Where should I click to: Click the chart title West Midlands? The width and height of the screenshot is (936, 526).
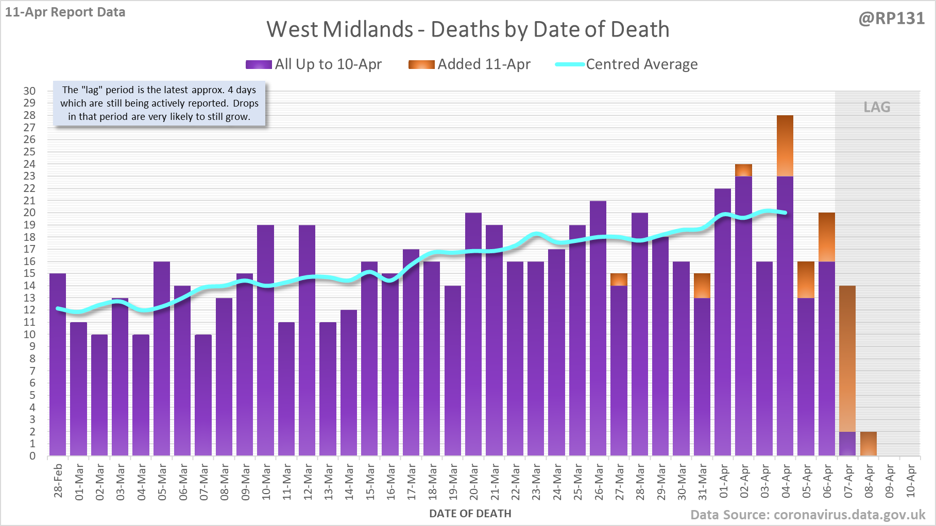tap(468, 29)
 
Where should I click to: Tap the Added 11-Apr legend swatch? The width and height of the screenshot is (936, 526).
tap(421, 64)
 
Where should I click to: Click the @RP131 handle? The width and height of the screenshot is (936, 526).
tap(891, 19)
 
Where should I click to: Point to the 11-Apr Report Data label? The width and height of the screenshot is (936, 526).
tap(65, 12)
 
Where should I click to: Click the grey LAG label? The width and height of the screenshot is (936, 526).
tap(877, 107)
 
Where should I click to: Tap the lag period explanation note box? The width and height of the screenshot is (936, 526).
tap(159, 103)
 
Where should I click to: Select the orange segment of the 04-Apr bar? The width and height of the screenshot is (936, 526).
tap(785, 146)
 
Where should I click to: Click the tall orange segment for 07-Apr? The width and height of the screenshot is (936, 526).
tap(847, 358)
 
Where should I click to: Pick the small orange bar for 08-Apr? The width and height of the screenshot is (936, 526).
tap(868, 444)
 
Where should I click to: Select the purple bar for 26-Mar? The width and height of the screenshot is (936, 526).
tap(598, 329)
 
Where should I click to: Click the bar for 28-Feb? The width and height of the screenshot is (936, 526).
tap(58, 365)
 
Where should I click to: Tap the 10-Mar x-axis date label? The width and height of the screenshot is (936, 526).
tap(266, 482)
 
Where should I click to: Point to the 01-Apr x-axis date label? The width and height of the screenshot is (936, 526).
tap(723, 482)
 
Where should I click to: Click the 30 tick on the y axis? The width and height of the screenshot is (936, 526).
tap(29, 91)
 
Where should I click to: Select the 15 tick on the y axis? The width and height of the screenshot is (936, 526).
tap(29, 273)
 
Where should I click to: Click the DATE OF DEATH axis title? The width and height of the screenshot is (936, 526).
tap(470, 514)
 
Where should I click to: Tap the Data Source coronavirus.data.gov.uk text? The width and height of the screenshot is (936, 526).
tap(807, 515)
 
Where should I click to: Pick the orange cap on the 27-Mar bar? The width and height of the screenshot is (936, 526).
tap(619, 279)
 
